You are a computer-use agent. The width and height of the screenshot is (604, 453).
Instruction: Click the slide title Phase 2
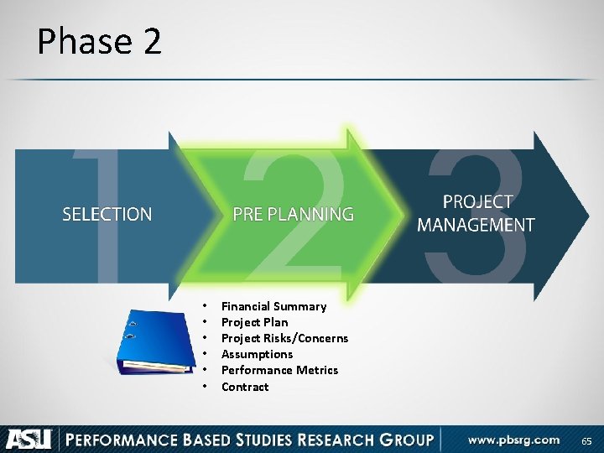[x=99, y=41]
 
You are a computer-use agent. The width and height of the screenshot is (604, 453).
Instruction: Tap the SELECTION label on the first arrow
[x=107, y=215]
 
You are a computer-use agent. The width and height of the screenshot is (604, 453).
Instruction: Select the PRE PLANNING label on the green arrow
[x=293, y=215]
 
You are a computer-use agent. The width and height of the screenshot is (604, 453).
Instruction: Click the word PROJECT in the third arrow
[x=476, y=202]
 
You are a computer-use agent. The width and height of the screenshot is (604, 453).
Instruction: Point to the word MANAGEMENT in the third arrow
[x=476, y=225]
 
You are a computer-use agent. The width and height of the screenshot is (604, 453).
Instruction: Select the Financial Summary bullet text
[x=273, y=306]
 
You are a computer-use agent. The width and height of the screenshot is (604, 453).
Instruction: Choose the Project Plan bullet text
[x=254, y=322]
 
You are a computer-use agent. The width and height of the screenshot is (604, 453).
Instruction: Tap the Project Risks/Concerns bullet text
[x=284, y=338]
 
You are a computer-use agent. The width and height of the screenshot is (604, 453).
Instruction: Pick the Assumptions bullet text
[x=257, y=354]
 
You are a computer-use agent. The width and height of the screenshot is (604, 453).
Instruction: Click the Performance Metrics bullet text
[x=279, y=370]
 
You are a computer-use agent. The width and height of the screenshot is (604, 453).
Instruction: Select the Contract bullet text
[x=245, y=387]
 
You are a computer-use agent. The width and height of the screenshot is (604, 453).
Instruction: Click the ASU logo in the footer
[x=29, y=439]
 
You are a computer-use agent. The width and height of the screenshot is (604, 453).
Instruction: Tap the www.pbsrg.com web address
[x=513, y=440]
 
